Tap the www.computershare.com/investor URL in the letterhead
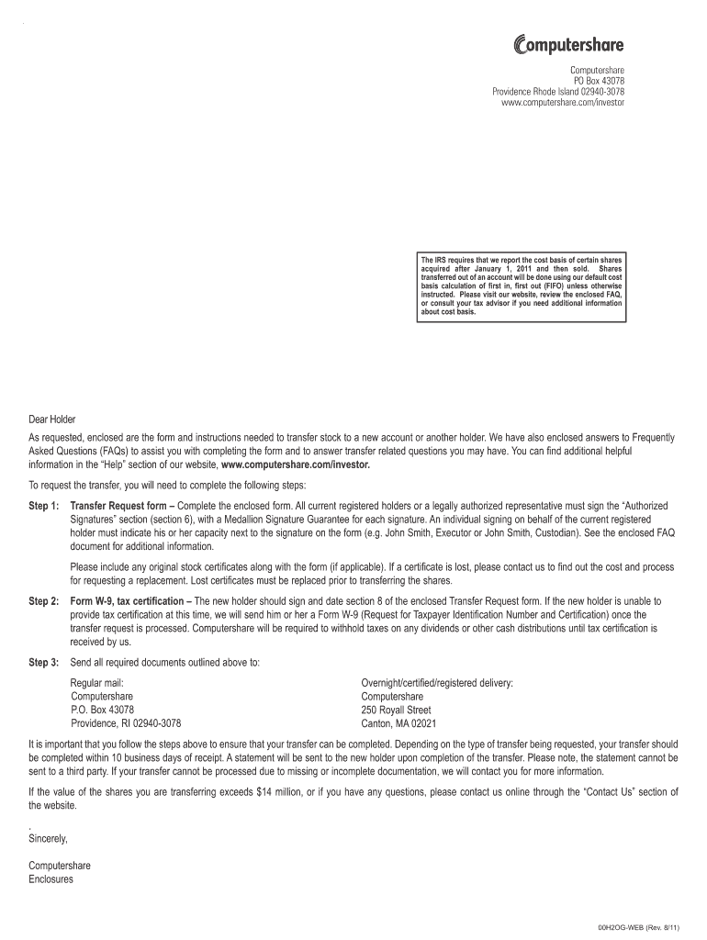point(563,103)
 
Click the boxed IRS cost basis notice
point(522,287)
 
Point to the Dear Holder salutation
point(52,420)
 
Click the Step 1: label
point(44,506)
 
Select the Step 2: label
point(44,601)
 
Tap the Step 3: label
point(44,662)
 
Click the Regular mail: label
point(96,683)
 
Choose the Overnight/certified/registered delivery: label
point(437,683)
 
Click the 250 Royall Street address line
point(396,710)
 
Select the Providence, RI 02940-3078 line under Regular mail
point(126,722)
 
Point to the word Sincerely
point(49,838)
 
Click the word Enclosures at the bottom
point(51,878)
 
